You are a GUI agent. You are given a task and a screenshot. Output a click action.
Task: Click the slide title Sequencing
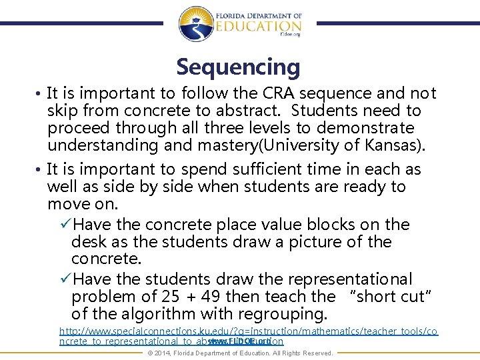(x=238, y=67)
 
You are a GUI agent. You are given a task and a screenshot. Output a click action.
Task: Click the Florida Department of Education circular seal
(x=196, y=23)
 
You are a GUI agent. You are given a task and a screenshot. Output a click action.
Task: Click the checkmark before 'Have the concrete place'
(x=65, y=225)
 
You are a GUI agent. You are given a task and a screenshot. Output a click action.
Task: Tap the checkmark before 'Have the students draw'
(x=65, y=279)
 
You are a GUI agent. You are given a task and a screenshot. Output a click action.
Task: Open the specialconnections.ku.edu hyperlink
(x=248, y=331)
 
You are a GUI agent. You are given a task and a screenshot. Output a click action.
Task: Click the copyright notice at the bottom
(x=240, y=353)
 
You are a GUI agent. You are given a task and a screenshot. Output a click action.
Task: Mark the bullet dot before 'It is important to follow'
(x=41, y=94)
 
